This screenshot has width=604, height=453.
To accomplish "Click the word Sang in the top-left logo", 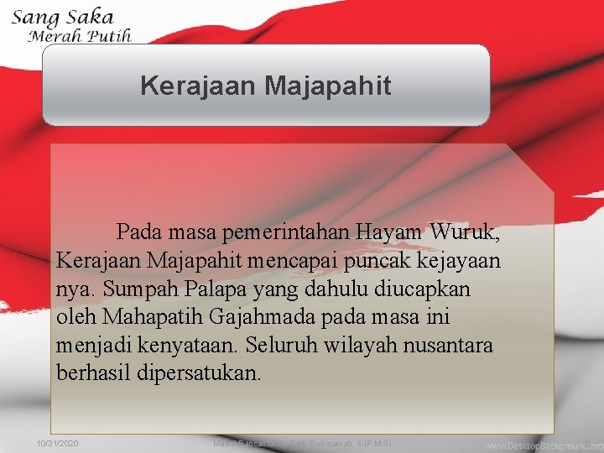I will [32, 18].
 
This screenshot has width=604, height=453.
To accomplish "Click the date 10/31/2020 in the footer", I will [58, 442].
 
